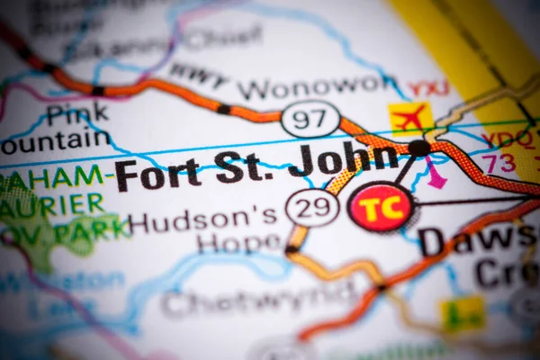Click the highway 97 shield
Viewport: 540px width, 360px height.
click(310, 118)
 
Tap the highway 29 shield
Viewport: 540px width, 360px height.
click(312, 208)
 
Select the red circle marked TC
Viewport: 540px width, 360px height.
click(382, 208)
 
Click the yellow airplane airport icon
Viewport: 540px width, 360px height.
click(410, 117)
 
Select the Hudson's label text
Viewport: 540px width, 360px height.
click(205, 220)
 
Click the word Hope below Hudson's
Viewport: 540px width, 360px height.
click(238, 242)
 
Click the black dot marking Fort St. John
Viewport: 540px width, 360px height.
click(418, 148)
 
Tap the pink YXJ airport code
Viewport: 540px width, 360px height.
click(428, 88)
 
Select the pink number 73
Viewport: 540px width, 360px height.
click(499, 163)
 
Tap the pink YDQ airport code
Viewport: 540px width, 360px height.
click(500, 139)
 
